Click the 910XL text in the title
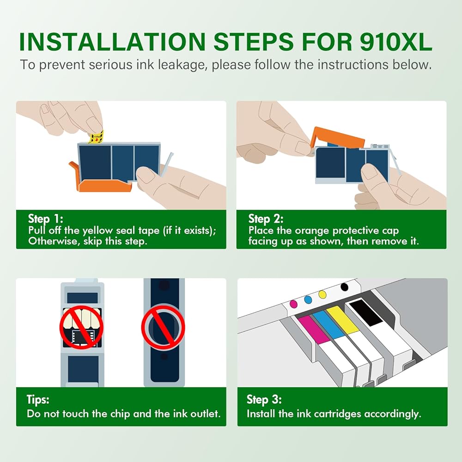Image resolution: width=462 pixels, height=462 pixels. point(396,42)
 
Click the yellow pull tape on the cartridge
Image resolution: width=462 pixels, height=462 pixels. point(97,137)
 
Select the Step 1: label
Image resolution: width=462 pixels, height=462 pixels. point(45,219)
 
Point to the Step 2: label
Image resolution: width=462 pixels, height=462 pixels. point(266,219)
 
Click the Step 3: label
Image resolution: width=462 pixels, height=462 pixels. point(264,400)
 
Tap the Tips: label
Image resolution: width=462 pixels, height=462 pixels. point(38,400)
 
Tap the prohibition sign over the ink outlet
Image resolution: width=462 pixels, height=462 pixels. point(163,327)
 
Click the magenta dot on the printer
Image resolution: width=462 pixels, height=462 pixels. point(294,304)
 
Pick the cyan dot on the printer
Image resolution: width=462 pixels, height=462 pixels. point(308,300)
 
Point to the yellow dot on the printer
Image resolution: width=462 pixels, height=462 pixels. point(322,294)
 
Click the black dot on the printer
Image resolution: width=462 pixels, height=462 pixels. point(344,287)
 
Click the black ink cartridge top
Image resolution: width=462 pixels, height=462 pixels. point(366,312)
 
